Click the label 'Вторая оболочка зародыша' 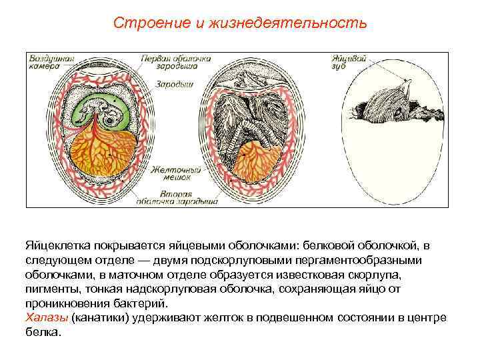[176, 197]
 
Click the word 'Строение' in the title [141, 23]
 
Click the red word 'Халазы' [46, 316]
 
